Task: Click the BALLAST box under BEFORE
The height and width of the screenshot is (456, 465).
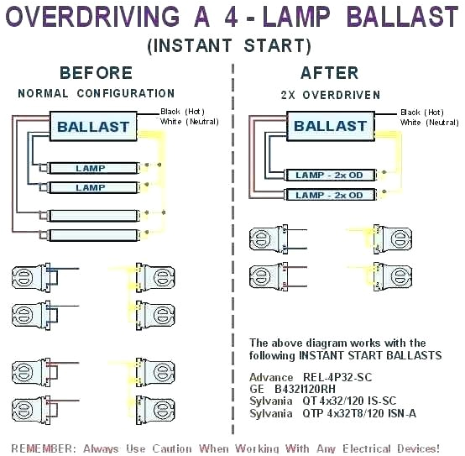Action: point(92,128)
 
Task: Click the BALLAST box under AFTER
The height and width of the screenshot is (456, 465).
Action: point(330,127)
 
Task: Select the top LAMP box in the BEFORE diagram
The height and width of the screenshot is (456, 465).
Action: point(90,169)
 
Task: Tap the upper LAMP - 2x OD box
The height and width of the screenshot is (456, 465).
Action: point(329,175)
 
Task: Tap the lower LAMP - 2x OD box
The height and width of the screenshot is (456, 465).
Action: point(329,195)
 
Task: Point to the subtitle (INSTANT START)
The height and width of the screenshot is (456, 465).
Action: point(228,45)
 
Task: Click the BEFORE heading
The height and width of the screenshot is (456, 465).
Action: point(96,73)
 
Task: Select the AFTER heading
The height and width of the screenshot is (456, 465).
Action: point(329,73)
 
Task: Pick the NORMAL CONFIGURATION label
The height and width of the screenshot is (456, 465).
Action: point(96,93)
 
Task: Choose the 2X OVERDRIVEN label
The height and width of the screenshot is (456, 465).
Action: point(330,96)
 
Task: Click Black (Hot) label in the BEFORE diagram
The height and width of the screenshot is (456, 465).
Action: point(184,111)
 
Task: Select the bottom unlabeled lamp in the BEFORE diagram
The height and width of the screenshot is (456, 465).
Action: point(90,235)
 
